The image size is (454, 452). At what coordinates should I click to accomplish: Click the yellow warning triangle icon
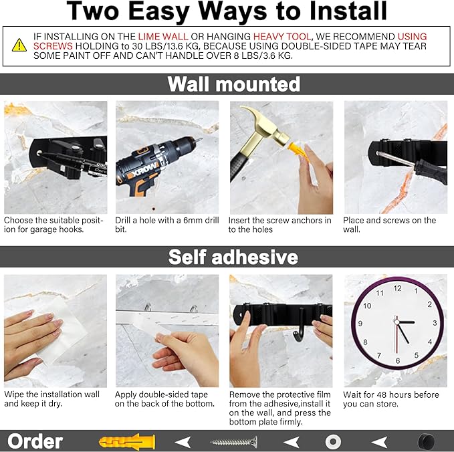pyautogui.click(x=19, y=45)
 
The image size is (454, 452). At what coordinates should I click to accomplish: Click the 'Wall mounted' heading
pyautogui.click(x=233, y=84)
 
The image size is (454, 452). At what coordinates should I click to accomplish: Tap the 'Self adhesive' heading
pyautogui.click(x=233, y=257)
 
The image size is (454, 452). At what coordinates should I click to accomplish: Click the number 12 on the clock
pyautogui.click(x=397, y=288)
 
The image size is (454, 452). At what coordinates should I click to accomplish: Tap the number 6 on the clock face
pyautogui.click(x=397, y=361)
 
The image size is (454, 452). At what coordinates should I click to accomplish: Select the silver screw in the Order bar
pyautogui.click(x=233, y=441)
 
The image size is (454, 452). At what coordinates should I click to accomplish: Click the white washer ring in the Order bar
pyautogui.click(x=334, y=441)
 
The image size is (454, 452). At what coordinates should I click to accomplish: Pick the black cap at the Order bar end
pyautogui.click(x=425, y=441)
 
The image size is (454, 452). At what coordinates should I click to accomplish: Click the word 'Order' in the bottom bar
pyautogui.click(x=35, y=441)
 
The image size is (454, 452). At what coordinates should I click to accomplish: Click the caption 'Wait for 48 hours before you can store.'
pyautogui.click(x=391, y=399)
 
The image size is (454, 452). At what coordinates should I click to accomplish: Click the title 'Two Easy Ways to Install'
pyautogui.click(x=227, y=11)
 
